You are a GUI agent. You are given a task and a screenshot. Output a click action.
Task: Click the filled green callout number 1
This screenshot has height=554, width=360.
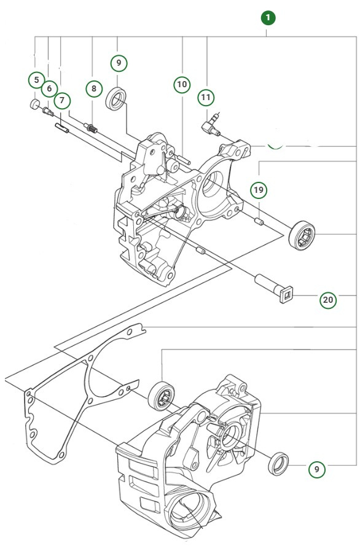point(268,17)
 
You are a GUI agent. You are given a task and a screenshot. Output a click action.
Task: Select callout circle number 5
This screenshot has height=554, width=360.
point(36,80)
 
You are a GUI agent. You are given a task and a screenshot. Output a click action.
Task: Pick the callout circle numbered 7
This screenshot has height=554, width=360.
point(61,100)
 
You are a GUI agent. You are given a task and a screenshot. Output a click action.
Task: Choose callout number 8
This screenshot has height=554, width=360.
point(93,88)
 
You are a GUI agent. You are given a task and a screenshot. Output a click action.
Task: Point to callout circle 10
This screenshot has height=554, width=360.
point(182,84)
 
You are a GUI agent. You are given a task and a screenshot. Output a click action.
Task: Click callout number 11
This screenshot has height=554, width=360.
point(206,97)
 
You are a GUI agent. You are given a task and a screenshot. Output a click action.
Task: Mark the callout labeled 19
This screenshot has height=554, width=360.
point(259,190)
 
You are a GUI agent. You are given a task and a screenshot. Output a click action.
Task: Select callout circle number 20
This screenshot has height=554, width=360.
point(328,300)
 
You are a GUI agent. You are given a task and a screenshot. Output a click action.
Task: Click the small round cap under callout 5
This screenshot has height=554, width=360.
point(34,104)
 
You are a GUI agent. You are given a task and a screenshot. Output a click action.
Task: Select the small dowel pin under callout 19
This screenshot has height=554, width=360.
point(260,219)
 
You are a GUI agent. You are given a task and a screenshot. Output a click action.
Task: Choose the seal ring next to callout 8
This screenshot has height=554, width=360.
point(117,99)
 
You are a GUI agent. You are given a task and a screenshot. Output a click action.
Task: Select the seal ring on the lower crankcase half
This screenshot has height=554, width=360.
point(280,462)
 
